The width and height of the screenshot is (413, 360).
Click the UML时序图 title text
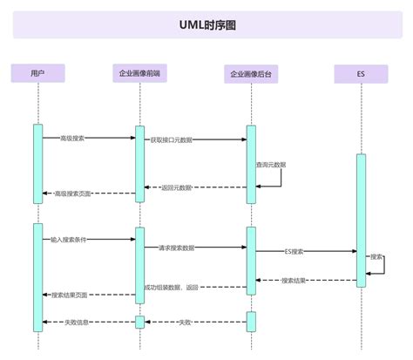(206, 25)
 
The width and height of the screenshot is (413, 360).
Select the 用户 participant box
(37, 74)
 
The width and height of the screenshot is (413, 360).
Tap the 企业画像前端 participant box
(139, 74)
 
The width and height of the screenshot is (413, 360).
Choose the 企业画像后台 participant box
(250, 74)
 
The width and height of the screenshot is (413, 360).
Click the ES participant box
(360, 74)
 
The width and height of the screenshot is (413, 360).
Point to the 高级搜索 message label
(72, 138)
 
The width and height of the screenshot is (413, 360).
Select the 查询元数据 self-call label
(270, 164)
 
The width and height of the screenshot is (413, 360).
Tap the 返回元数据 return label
(177, 187)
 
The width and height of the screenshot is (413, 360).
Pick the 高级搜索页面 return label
(72, 194)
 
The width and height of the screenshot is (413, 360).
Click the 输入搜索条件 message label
(67, 238)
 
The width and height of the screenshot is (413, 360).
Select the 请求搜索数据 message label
(176, 248)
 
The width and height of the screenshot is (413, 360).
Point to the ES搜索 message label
(295, 251)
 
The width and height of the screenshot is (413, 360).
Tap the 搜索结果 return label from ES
(294, 281)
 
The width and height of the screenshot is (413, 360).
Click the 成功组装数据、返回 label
(172, 287)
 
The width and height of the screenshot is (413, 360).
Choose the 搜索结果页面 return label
(70, 295)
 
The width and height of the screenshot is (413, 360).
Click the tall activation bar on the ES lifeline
(361, 218)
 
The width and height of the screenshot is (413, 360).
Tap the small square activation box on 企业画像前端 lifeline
(139, 323)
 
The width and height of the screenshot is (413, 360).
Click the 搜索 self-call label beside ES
(376, 257)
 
